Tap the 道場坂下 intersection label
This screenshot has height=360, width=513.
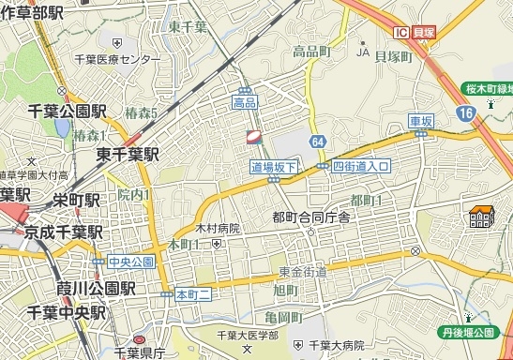coord(274,167)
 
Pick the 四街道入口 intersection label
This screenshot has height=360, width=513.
coord(360,166)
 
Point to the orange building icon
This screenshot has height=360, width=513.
coord(482,218)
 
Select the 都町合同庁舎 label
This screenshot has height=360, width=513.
coord(310,217)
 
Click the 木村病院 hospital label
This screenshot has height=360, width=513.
coord(218,229)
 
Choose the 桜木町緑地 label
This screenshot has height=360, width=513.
coord(488,89)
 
